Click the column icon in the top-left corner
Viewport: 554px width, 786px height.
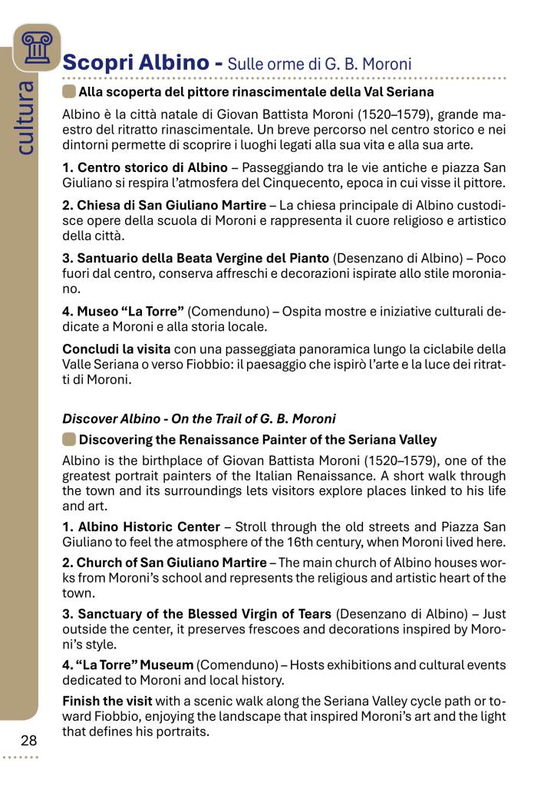pyautogui.click(x=36, y=47)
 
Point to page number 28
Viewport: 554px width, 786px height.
pyautogui.click(x=29, y=740)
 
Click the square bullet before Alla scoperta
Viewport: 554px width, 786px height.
pyautogui.click(x=69, y=92)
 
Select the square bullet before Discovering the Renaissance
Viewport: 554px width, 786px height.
pyautogui.click(x=69, y=440)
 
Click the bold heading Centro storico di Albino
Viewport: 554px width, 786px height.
pyautogui.click(x=145, y=167)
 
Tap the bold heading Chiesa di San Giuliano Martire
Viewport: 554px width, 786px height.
pyautogui.click(x=165, y=205)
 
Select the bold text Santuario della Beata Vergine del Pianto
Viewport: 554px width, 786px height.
pyautogui.click(x=196, y=259)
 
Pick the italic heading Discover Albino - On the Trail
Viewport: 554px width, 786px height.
pyautogui.click(x=199, y=419)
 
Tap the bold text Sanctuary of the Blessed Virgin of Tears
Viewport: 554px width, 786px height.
pyautogui.click(x=196, y=614)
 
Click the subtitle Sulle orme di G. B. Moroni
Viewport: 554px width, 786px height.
pyautogui.click(x=320, y=64)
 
